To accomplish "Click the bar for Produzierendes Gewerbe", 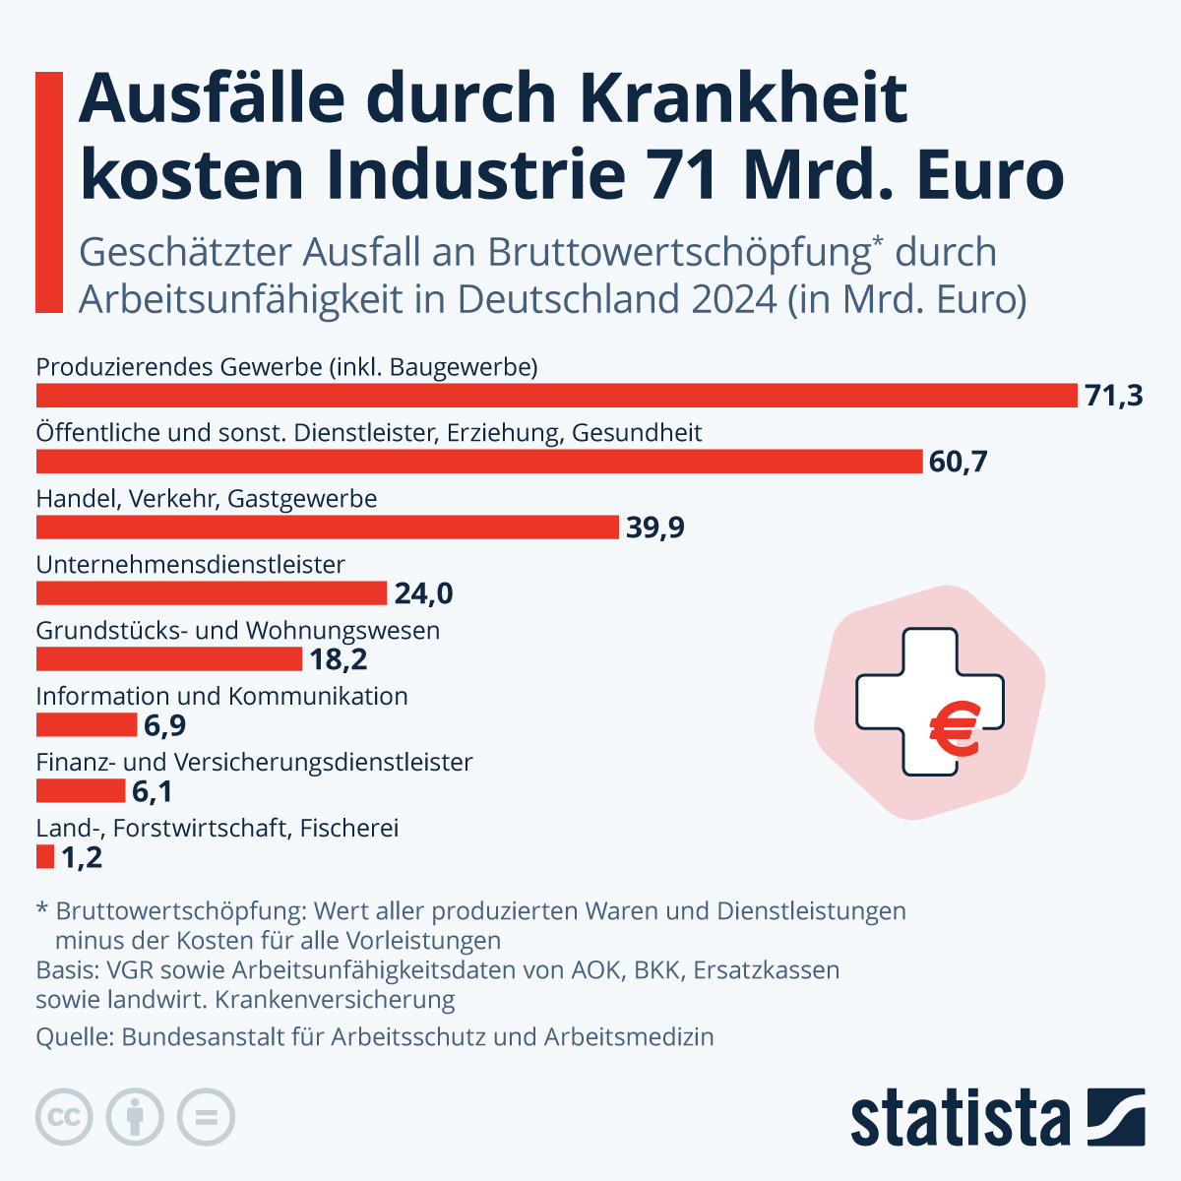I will click(x=557, y=396).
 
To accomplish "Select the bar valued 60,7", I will click(x=479, y=462).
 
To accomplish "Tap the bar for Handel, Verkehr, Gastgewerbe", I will click(x=327, y=528).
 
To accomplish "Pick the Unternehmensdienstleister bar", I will click(x=211, y=593).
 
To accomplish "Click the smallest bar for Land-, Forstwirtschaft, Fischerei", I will click(x=45, y=857).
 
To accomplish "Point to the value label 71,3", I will click(x=1113, y=396).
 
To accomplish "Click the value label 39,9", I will click(x=654, y=528).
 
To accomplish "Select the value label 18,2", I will click(x=338, y=659).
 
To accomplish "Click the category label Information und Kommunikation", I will click(x=221, y=696).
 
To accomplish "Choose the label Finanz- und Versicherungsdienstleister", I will click(x=254, y=762).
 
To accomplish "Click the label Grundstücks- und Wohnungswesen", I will click(x=237, y=630).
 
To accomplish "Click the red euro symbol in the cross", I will click(x=954, y=731).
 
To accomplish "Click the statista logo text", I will click(x=960, y=1118).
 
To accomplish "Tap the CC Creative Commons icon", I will click(x=64, y=1117).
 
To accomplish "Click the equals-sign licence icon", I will click(x=206, y=1117).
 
